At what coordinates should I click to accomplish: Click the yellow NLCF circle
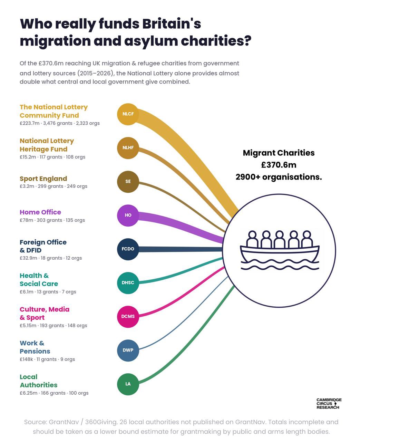128,114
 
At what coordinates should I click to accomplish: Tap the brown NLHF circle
128,148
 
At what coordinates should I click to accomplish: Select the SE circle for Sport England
128,182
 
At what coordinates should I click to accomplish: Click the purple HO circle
128,215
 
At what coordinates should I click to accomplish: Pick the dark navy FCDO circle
128,249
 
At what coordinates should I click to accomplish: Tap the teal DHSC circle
128,283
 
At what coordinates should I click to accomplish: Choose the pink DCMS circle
128,316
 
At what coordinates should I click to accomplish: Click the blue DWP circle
128,350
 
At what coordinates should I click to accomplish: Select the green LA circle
128,384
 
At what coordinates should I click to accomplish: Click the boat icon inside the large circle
279,250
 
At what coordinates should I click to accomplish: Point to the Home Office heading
40,212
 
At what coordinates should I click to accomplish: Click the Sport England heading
43,179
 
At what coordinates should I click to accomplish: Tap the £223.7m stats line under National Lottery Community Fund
60,123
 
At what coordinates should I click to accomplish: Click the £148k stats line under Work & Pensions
47,359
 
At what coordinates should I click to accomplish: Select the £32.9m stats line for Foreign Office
51,258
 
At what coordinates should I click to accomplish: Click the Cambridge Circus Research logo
329,404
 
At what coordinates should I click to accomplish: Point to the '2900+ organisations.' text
279,177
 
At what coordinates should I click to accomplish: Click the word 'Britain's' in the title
172,23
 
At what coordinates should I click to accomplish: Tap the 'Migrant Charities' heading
279,153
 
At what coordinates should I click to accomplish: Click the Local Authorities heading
39,381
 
